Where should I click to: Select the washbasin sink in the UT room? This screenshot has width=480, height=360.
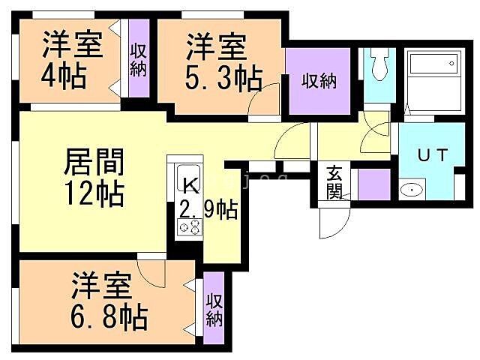(x=412, y=190)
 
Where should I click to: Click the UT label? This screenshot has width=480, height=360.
(x=432, y=157)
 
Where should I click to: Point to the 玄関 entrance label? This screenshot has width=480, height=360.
(x=334, y=181)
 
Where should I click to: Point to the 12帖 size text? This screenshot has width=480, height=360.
(x=94, y=195)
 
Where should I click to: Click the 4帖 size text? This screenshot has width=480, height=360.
(x=63, y=76)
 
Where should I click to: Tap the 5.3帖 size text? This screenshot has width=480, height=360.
(x=223, y=76)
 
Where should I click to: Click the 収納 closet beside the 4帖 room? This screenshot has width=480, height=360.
(x=137, y=61)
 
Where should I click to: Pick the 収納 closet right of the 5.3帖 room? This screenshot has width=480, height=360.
(x=318, y=79)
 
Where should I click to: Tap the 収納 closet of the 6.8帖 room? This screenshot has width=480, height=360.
(x=214, y=309)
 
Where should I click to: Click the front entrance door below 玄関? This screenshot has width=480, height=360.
(x=331, y=221)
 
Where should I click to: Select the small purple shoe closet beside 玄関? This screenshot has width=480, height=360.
(x=372, y=184)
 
